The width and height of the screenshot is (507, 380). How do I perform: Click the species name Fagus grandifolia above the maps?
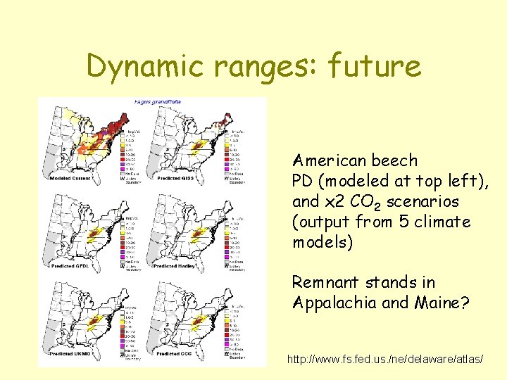(x=158, y=102)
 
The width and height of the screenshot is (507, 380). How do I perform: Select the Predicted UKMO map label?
(x=70, y=353)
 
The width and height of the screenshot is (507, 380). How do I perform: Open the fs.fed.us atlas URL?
(x=385, y=359)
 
